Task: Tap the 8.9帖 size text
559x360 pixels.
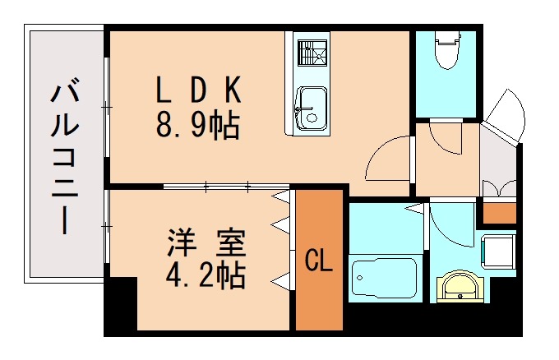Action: click(198, 125)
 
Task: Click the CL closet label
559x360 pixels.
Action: click(318, 261)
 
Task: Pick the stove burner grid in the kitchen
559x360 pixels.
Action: click(311, 56)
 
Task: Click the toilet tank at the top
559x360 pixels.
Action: click(446, 36)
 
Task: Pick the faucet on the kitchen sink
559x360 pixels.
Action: click(303, 106)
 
